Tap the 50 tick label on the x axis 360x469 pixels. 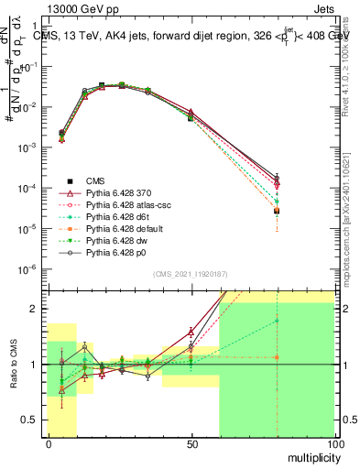191,443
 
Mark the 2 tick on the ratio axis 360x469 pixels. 34,309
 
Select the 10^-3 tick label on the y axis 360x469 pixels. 27,147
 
